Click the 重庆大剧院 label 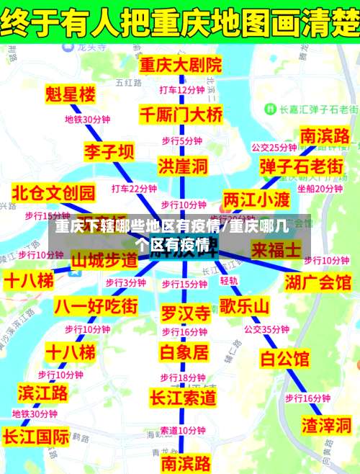tap(181, 65)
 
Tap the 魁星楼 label tap(70, 94)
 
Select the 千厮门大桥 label tap(181, 115)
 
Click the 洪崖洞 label tap(183, 166)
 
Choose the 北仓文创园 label tap(54, 192)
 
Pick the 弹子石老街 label tap(301, 166)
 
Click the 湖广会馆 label tap(318, 281)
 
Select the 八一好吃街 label tap(96, 305)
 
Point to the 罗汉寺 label tap(185, 313)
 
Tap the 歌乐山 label tap(245, 305)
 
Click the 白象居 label tap(184, 352)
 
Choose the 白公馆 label tap(284, 358)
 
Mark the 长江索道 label tap(183, 397)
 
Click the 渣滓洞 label tap(325, 423)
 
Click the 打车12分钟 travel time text tap(182, 90)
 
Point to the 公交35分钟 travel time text tap(266, 329)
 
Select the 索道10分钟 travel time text tap(182, 430)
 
